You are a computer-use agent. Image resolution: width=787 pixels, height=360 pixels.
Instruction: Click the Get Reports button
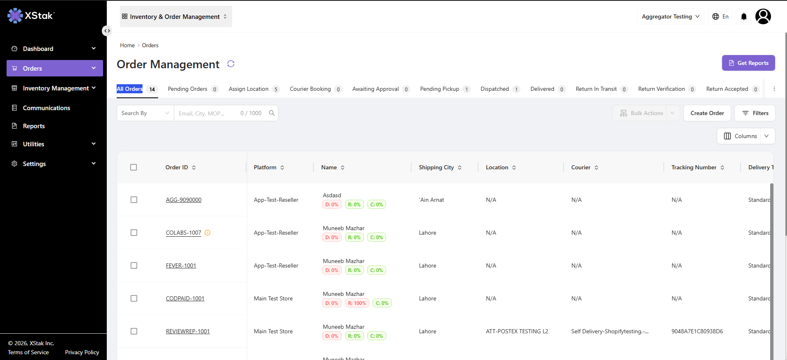click(x=748, y=63)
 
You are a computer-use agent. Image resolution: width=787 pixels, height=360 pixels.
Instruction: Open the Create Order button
click(x=707, y=113)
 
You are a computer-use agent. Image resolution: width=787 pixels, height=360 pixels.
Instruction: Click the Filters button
click(x=755, y=113)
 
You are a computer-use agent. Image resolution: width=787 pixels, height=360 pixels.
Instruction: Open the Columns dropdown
click(x=746, y=136)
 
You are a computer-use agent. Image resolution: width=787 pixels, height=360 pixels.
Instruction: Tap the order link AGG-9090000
click(x=184, y=200)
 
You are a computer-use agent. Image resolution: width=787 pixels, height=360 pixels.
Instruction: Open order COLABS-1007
click(x=184, y=233)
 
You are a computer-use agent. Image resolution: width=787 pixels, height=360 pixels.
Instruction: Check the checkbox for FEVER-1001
click(x=134, y=265)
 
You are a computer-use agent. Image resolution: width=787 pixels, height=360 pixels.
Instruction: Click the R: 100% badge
click(x=357, y=303)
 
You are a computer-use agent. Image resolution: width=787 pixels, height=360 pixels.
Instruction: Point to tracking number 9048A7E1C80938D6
click(x=697, y=331)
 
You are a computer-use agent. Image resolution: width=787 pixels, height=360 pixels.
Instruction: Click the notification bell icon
click(x=744, y=16)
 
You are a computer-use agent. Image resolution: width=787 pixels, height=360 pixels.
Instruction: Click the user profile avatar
click(x=763, y=16)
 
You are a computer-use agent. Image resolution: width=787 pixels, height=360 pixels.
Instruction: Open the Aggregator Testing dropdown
click(x=671, y=16)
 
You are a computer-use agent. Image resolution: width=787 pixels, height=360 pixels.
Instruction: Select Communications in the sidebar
click(x=46, y=108)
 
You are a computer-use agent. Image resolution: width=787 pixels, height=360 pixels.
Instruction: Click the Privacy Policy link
click(x=82, y=352)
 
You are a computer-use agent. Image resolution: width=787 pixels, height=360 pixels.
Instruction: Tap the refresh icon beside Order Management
click(x=231, y=64)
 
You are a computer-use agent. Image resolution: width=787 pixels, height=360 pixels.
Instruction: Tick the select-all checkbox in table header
click(x=133, y=167)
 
